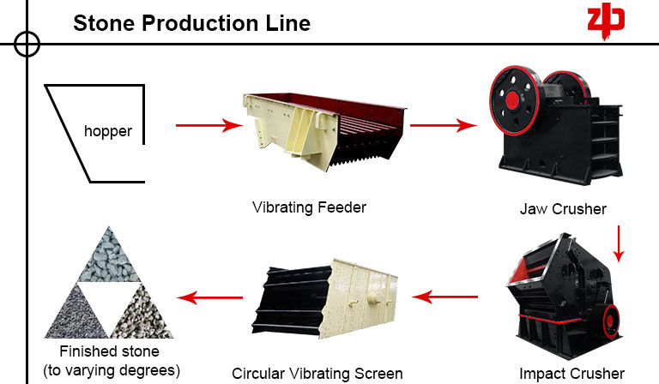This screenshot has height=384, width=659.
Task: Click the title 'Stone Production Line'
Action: pos(191,22)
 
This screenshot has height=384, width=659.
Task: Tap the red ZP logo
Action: pos(606,21)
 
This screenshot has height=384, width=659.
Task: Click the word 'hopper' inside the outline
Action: pos(108,131)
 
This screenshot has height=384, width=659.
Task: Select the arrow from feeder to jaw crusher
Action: pos(443,126)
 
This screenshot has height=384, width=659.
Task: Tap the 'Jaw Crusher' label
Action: pos(563,208)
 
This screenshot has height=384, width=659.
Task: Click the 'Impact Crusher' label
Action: pos(571,373)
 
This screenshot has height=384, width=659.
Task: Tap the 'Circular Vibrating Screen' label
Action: pos(317,374)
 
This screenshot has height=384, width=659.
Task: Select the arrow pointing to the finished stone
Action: pos(209,297)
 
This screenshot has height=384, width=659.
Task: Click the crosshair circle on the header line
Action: pos(27,43)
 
